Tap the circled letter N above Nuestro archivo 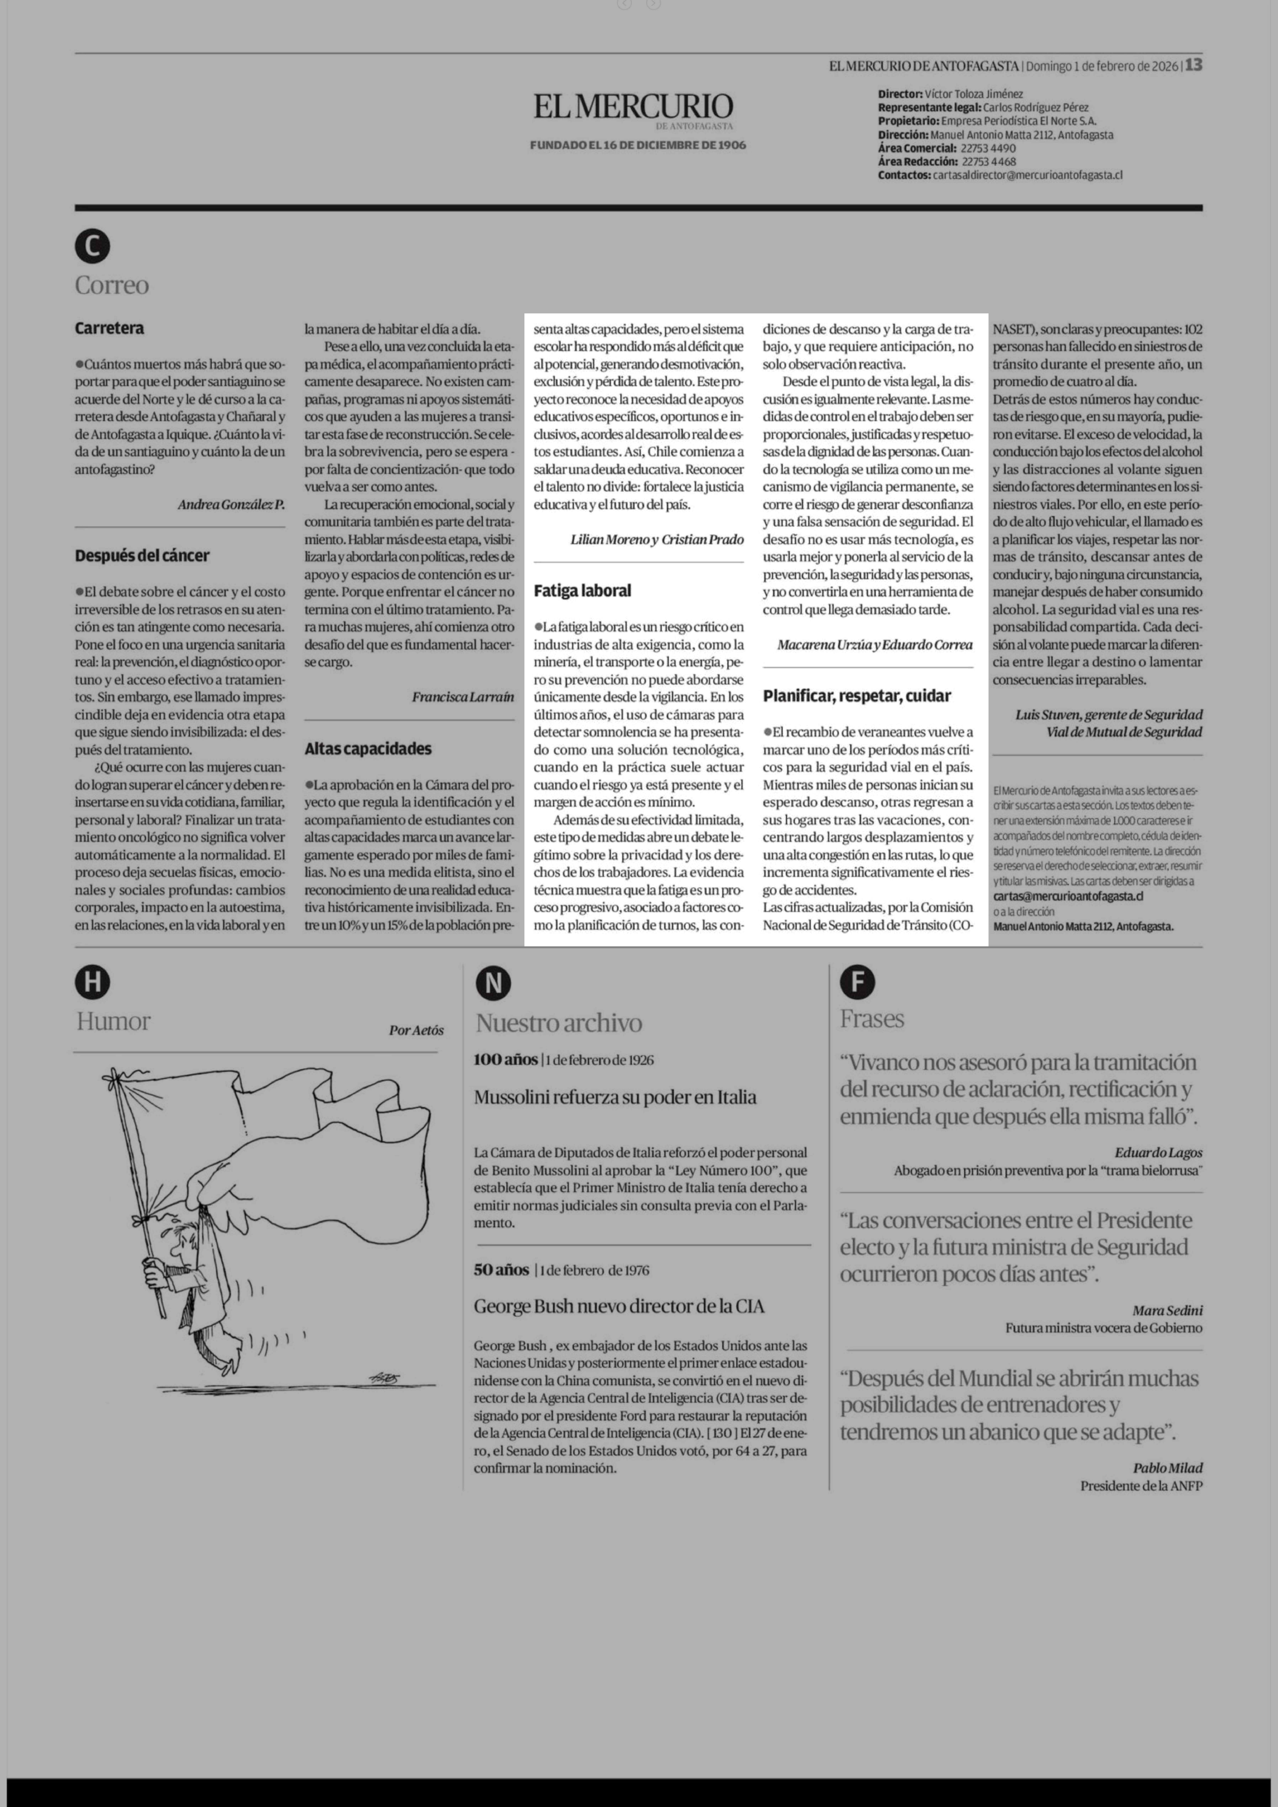click(493, 983)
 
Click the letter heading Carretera click(109, 328)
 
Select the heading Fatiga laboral click(582, 590)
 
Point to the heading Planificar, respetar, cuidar click(856, 696)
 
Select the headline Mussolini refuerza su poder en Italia click(615, 1097)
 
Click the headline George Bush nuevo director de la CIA click(618, 1306)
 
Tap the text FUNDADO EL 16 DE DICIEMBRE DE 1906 click(637, 145)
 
